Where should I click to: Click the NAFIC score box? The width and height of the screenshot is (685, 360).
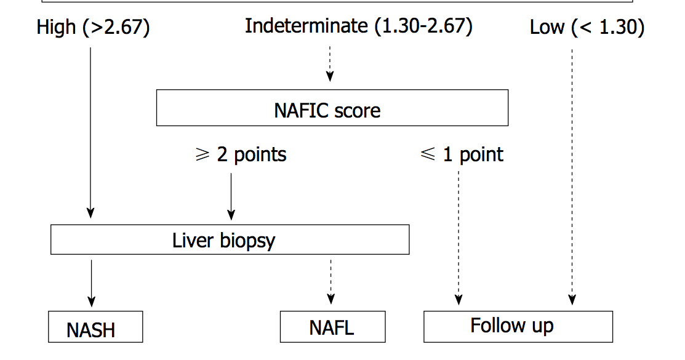point(332,108)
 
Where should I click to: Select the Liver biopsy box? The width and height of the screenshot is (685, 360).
point(230,239)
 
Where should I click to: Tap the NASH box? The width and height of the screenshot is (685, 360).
point(95,327)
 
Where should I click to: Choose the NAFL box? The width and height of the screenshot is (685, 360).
point(332,327)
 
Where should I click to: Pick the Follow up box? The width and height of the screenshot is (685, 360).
point(518,326)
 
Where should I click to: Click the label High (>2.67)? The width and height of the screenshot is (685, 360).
point(93,28)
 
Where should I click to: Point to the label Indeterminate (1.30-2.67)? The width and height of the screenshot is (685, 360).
point(359,26)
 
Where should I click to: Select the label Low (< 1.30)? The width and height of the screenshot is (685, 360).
point(587,28)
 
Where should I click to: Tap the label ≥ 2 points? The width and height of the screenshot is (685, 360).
point(241,154)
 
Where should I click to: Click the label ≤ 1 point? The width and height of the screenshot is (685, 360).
point(462,154)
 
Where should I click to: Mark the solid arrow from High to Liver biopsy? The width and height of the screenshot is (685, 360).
point(90,132)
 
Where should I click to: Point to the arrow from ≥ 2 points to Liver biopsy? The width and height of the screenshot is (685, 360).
point(231,196)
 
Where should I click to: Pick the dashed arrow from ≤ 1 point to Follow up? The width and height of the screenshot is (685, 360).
point(459,237)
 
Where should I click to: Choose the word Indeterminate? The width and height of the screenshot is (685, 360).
point(305,26)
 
